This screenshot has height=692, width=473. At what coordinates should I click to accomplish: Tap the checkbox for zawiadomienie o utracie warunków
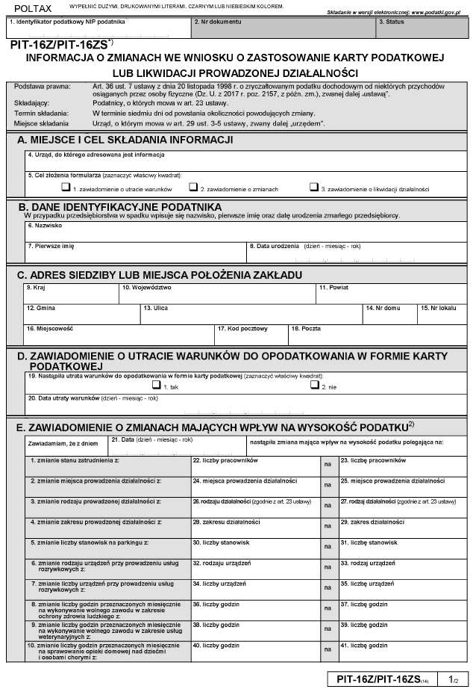tap(66, 188)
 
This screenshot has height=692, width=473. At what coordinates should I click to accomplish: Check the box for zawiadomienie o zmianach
tap(193, 188)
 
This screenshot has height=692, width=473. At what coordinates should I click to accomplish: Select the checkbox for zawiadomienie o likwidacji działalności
tap(314, 188)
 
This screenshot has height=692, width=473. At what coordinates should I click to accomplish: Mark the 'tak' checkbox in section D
tap(156, 386)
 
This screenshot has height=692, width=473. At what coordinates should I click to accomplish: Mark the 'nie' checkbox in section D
tap(314, 386)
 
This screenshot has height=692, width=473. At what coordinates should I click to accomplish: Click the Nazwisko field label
tap(44, 225)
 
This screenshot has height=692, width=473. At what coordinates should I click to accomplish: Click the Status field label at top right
tap(391, 22)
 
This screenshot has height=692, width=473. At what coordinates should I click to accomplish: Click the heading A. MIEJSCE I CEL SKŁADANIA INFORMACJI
tap(125, 140)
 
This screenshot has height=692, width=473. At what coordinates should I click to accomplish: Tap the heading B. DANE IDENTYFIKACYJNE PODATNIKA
tap(119, 206)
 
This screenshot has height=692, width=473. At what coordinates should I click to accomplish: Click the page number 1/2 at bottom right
tap(452, 679)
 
